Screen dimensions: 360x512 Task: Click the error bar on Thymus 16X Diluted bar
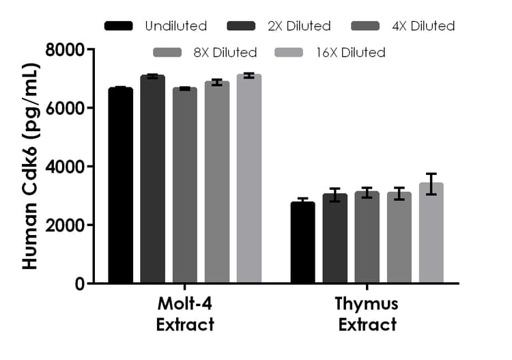coord(431,184)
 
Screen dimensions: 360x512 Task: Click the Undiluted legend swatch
coord(119,26)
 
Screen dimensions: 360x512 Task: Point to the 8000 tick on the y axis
coord(89,49)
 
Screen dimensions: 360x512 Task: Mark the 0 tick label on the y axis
coord(79,283)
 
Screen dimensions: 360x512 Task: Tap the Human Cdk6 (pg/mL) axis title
coord(30,166)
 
